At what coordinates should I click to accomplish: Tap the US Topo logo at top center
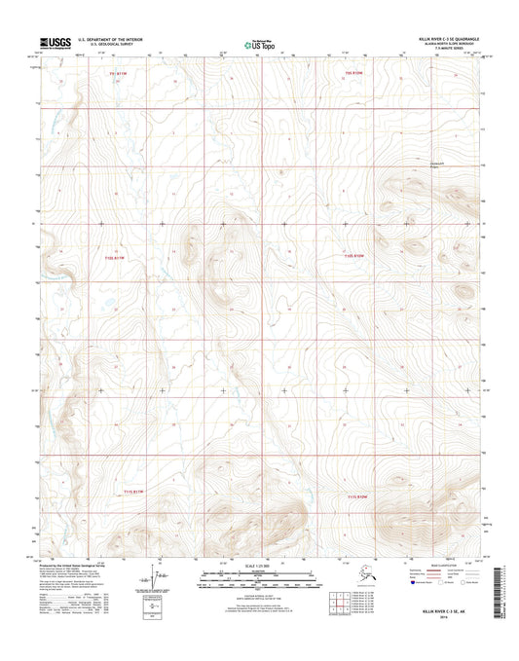pyautogui.click(x=258, y=43)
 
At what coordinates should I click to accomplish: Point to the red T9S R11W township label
pyautogui.click(x=118, y=73)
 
